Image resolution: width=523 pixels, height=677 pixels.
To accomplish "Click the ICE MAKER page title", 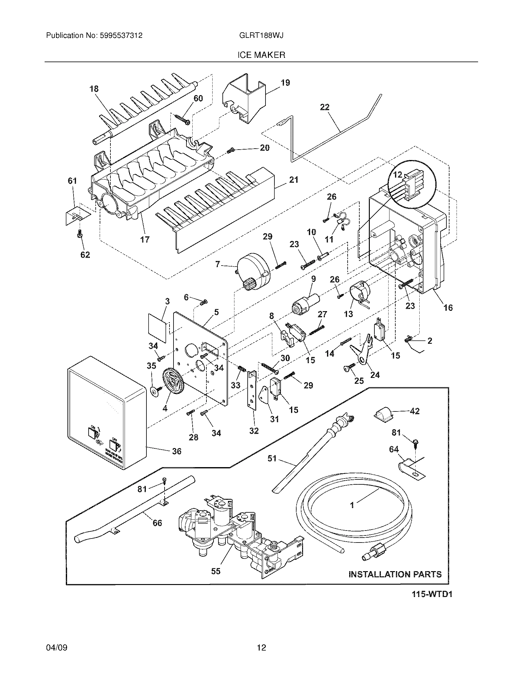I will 261,55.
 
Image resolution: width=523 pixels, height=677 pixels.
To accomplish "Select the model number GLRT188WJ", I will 261,36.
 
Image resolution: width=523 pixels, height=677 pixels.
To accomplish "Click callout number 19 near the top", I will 285,83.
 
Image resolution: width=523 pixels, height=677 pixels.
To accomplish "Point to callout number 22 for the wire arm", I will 325,107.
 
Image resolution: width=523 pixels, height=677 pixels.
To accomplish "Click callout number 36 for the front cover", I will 177,451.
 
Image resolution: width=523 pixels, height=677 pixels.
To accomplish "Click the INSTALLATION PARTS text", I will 395,574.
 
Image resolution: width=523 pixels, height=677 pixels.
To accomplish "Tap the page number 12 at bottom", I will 261,645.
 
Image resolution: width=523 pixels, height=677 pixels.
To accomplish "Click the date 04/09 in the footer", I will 57,645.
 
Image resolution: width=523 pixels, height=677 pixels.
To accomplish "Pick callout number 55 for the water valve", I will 216,571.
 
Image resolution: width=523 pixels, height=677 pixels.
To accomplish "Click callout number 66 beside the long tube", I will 158,523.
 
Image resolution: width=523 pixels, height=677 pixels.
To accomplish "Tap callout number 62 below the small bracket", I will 85,255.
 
